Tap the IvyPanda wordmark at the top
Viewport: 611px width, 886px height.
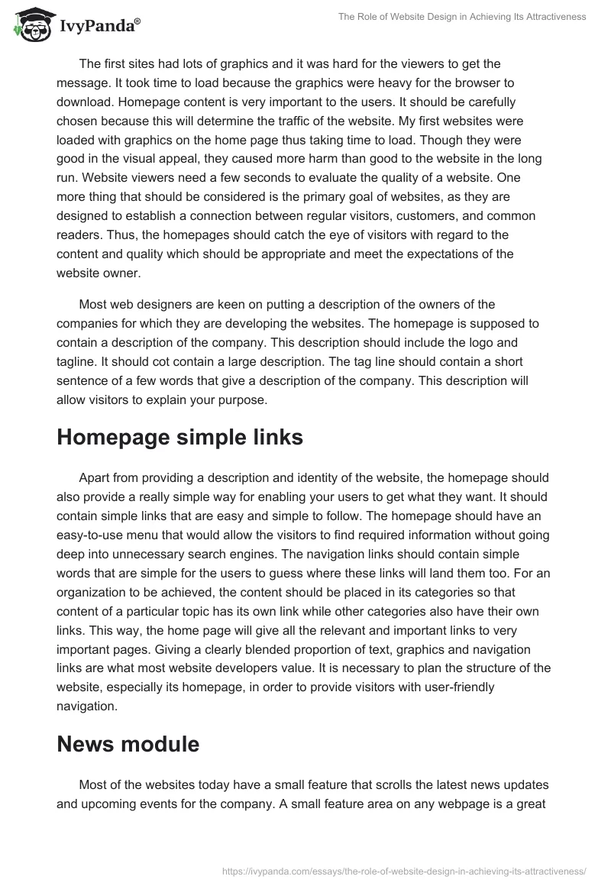point(99,25)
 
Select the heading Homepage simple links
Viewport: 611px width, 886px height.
point(179,438)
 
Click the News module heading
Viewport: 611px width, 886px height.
point(128,744)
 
